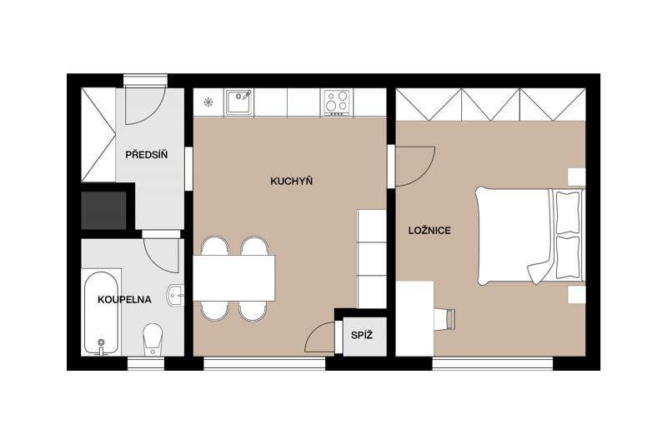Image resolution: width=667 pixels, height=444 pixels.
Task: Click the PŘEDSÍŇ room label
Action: pos(147,155)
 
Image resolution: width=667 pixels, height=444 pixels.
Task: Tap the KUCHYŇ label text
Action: pos(291,182)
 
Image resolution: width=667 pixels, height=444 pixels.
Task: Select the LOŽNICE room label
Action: pos(429,231)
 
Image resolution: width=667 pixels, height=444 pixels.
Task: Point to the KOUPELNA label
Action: pos(124,300)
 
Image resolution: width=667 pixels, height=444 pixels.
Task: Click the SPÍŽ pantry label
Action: pos(362,335)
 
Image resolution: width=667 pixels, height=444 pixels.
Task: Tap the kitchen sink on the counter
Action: pos(238,102)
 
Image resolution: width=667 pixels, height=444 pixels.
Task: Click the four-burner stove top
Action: pos(337,102)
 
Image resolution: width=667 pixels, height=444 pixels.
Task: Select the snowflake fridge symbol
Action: pos(208,102)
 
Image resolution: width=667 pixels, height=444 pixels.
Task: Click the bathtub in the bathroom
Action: pos(101,312)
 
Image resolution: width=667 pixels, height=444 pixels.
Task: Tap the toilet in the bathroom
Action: pos(153,339)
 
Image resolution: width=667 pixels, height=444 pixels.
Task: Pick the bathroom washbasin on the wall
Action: pos(176,295)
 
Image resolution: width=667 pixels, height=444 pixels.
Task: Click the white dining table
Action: pos(234,278)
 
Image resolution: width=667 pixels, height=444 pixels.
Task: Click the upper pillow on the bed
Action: pos(568,212)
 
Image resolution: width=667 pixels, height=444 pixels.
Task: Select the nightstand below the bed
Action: pos(577,294)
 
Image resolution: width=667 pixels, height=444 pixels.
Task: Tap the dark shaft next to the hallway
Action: pos(103,210)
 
